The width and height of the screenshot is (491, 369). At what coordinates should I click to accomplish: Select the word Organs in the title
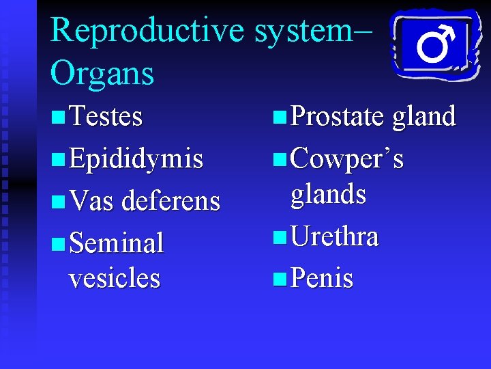pyautogui.click(x=102, y=73)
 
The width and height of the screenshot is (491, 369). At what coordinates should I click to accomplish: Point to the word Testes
pyautogui.click(x=106, y=117)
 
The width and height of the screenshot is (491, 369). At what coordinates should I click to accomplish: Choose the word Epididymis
pyautogui.click(x=136, y=159)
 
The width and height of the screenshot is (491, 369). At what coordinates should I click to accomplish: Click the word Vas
pyautogui.click(x=93, y=201)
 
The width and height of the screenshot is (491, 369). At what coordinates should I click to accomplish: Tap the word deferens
pyautogui.click(x=170, y=201)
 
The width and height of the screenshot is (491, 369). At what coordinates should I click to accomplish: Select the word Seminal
pyautogui.click(x=116, y=243)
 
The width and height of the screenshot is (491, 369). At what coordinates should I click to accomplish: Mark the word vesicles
pyautogui.click(x=114, y=278)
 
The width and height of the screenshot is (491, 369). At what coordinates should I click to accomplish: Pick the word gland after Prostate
pyautogui.click(x=423, y=117)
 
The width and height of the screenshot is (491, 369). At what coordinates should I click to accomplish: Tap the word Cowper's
pyautogui.click(x=347, y=159)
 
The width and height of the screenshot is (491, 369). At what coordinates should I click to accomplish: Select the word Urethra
pyautogui.click(x=334, y=237)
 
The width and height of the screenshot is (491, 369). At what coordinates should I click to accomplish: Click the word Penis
pyautogui.click(x=321, y=279)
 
